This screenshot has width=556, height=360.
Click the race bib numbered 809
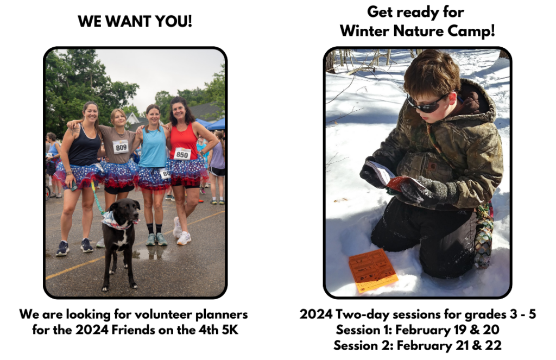[121, 147]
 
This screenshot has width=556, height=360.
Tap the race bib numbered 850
[182, 154]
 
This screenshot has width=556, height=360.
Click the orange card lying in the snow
[373, 270]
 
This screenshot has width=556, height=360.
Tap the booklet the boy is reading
[394, 176]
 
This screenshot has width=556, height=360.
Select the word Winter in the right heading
[364, 31]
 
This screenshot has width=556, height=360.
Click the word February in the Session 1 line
[422, 330]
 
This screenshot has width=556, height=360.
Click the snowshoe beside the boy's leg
[484, 236]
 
